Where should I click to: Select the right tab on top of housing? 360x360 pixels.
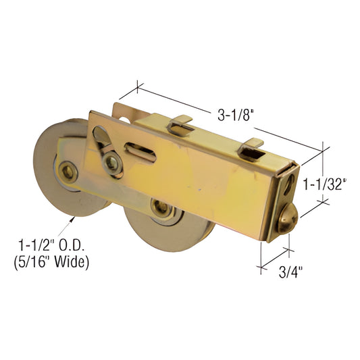[x=255, y=145]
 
